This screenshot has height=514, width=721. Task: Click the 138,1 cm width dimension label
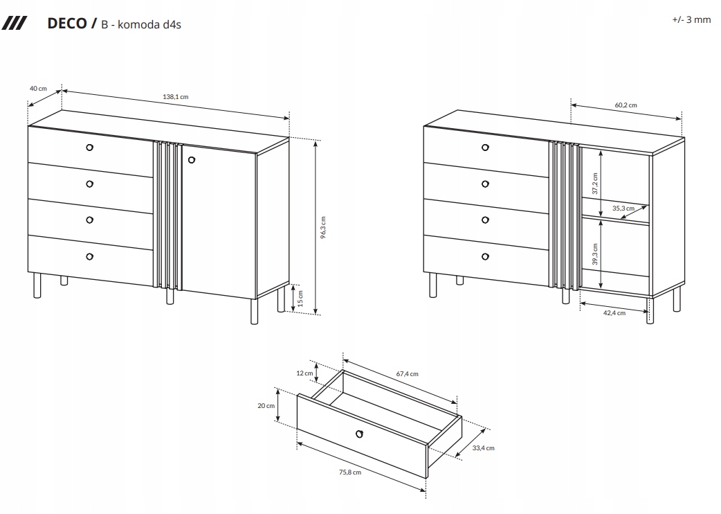pos(176,97)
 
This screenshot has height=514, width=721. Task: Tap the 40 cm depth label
pos(38,88)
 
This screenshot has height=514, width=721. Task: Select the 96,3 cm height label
pos(322,227)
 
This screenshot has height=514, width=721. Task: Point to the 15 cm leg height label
pos(301,299)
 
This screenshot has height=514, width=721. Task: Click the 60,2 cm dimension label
pos(626,105)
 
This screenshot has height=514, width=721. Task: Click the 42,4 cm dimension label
pos(614,313)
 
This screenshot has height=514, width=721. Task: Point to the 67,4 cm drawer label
pos(407,374)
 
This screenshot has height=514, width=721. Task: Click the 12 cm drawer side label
pos(305,373)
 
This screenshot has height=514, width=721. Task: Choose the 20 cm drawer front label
pos(266,406)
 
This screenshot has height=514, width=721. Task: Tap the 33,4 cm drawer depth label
pos(483,448)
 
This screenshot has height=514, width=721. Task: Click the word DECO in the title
pos(66,24)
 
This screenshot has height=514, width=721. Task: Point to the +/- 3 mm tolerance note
pos(691,19)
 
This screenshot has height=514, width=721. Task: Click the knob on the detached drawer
pos(359,434)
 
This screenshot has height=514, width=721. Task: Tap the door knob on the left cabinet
pos(192,161)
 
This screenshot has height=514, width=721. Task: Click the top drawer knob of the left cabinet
pos(89,147)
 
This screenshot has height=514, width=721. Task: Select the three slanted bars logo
pos(14,24)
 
